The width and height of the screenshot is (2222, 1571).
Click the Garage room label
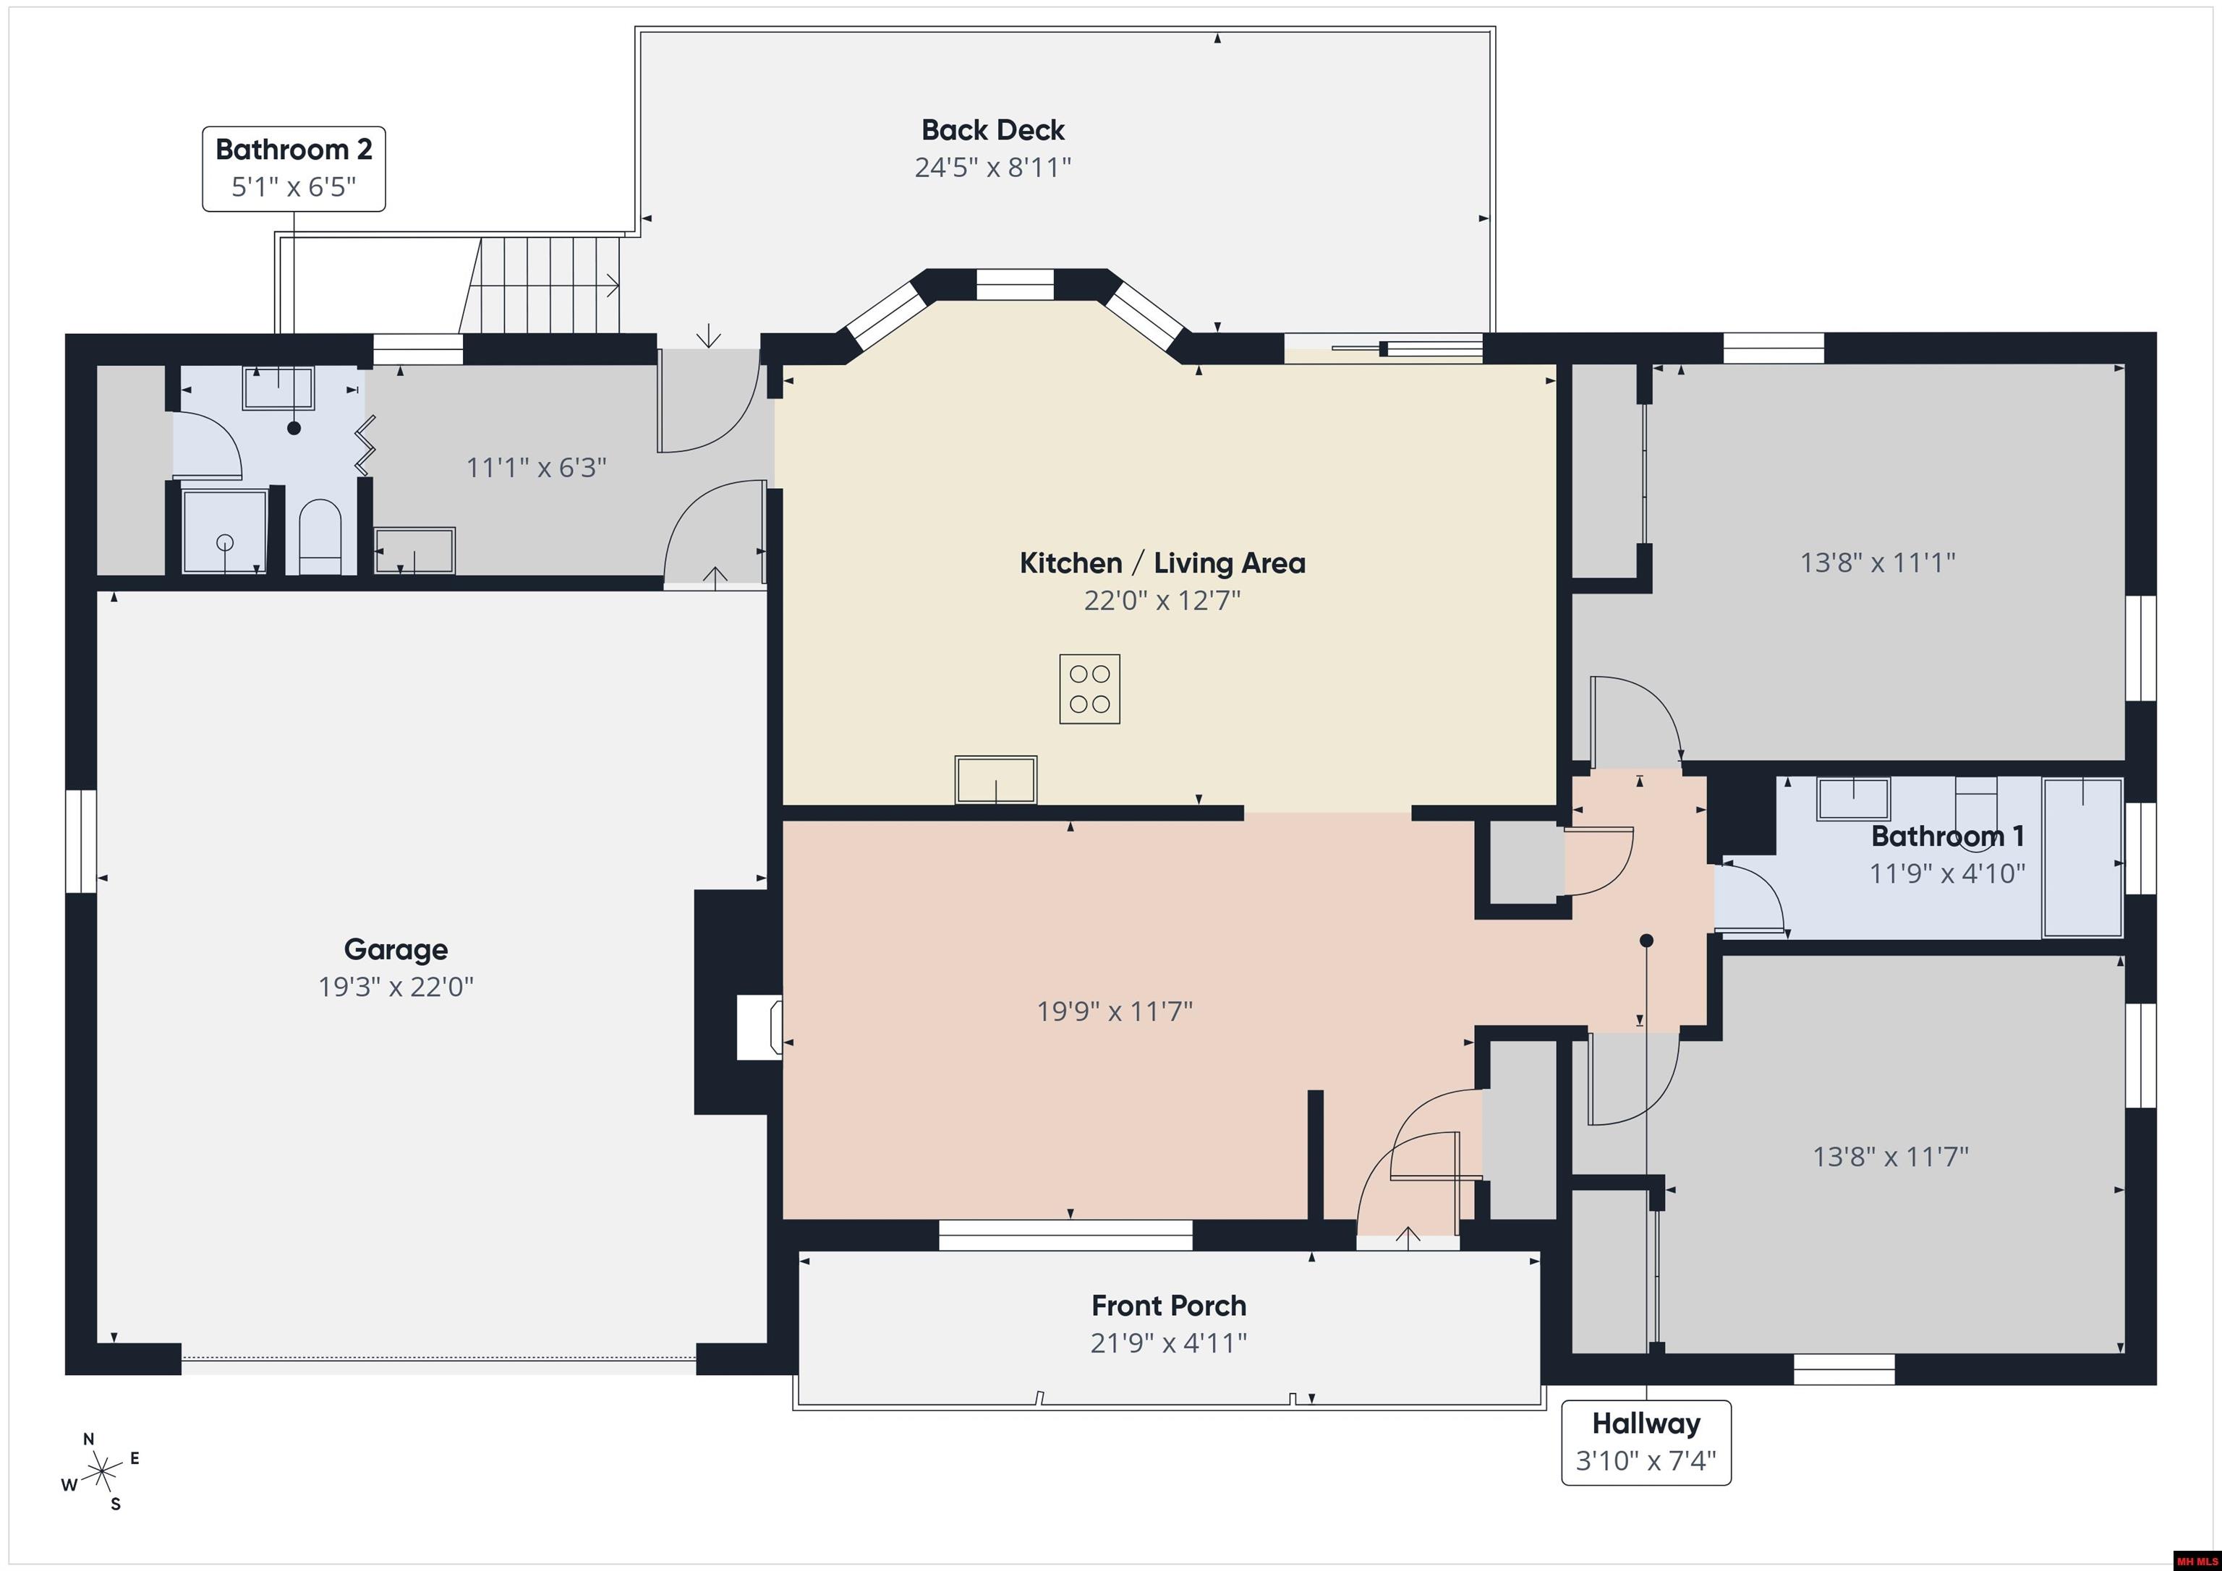pos(396,949)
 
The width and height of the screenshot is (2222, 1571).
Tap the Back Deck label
pos(993,129)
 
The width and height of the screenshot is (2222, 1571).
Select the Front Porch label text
pos(1169,1306)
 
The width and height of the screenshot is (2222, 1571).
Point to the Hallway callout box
pos(1646,1442)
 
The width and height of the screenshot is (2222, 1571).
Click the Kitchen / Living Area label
pos(1162,563)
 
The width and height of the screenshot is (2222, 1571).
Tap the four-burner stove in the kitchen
pos(1090,689)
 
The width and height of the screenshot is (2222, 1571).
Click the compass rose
pos(101,1473)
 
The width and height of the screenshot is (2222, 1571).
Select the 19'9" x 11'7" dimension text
pos(1115,1011)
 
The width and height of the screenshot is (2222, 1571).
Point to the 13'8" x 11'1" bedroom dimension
pos(1878,562)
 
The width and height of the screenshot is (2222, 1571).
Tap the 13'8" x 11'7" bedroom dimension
pos(1890,1156)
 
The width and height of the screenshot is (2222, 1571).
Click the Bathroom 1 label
pos(1947,836)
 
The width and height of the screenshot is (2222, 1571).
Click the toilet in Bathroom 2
pos(320,537)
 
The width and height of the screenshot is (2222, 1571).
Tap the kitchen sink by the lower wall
pos(996,779)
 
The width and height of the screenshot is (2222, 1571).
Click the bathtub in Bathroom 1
pos(2082,857)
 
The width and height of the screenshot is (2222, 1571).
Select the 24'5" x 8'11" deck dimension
pos(993,167)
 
